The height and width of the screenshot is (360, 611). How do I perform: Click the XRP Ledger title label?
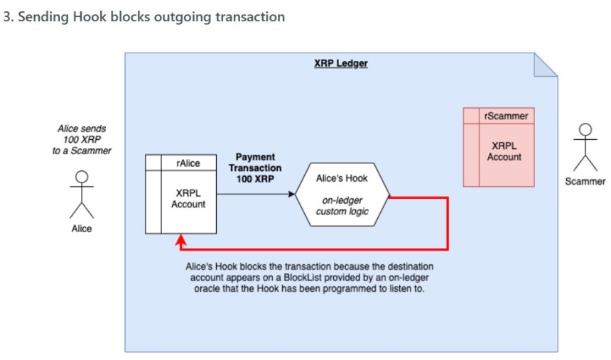(x=341, y=63)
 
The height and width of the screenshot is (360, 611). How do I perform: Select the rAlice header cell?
(x=188, y=163)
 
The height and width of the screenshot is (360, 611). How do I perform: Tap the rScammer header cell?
(x=505, y=115)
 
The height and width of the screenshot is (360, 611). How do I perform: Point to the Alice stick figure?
(x=82, y=193)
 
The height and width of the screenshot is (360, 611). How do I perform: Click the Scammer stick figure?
(x=585, y=146)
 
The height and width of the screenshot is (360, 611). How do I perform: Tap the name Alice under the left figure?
(x=82, y=229)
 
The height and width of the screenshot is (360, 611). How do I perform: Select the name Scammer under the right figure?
(x=585, y=181)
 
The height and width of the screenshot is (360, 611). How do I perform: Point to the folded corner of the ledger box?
(x=546, y=65)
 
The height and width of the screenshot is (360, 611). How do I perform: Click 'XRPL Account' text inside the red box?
(x=504, y=151)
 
